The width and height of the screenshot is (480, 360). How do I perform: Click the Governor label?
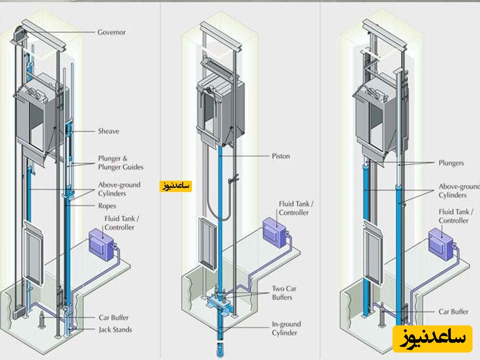111,32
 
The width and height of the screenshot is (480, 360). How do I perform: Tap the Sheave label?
108,131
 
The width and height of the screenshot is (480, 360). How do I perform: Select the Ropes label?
107,206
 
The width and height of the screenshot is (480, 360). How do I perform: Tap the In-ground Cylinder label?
286,329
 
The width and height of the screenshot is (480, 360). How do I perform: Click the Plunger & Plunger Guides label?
121,163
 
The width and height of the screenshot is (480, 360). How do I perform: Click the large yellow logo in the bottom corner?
432,339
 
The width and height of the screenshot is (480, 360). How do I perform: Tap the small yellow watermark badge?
175,186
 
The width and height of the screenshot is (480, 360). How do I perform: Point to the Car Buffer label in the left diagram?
114,317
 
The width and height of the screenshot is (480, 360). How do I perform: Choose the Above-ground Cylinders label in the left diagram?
119,189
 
